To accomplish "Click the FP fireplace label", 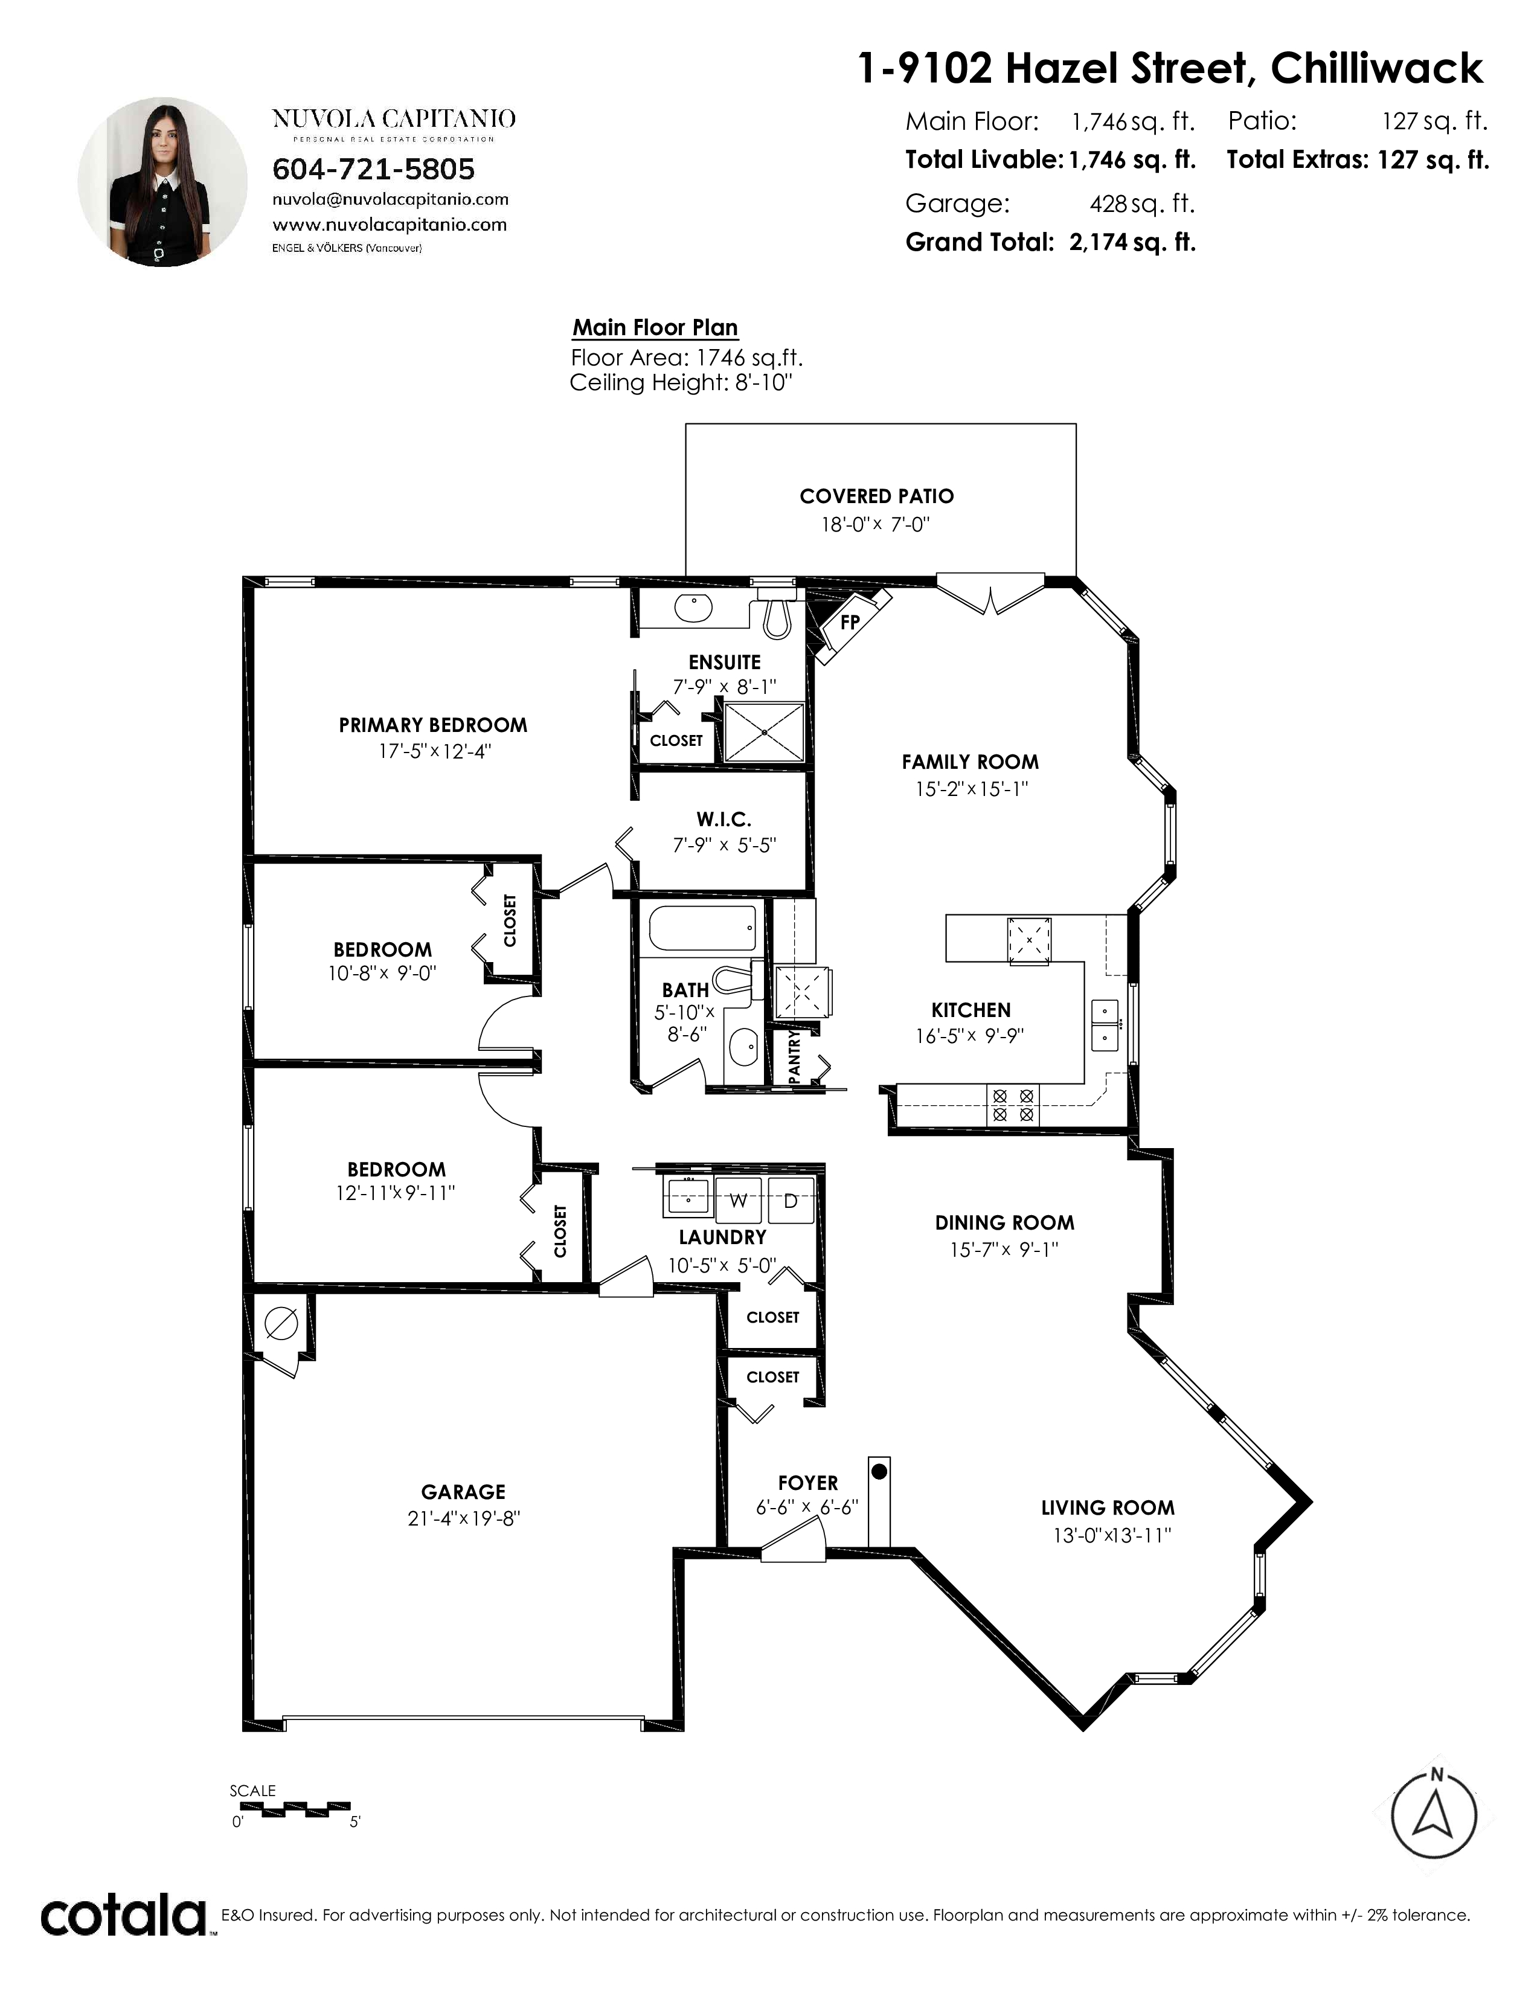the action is click(849, 622).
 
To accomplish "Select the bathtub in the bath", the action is click(702, 928).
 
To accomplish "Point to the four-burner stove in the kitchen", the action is click(1013, 1105).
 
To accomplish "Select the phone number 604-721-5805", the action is click(374, 170).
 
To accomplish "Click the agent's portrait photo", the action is click(162, 182).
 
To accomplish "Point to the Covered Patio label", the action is click(877, 496).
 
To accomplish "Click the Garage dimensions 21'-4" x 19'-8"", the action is click(463, 1518).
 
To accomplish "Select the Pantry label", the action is click(794, 1057).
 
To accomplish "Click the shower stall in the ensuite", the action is click(763, 732).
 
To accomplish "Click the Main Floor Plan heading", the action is click(655, 327).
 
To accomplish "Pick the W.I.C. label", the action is click(724, 820).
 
